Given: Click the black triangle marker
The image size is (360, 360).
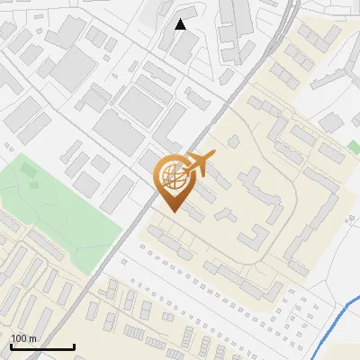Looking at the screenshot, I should pos(181,24).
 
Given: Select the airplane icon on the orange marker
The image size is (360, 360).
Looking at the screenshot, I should pos(199,165).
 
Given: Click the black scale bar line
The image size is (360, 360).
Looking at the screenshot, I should pos(42,347).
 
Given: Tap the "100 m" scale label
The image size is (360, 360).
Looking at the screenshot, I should pos(23,338).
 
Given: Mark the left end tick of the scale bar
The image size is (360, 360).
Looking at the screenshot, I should pos(11,346).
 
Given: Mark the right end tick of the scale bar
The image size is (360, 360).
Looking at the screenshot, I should pos(74,346).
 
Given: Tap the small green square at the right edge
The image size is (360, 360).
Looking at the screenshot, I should pos(354,145).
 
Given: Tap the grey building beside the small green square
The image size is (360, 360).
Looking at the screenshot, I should pos(332,154).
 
